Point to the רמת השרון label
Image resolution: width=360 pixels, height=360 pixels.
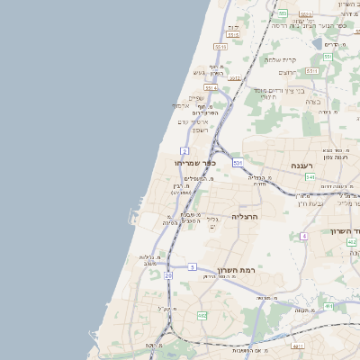pos(238,269)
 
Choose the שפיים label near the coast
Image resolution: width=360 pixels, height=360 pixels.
pos(196,98)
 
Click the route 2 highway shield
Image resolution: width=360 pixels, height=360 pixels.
pos(184,149)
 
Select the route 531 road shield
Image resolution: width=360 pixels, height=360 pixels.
pos(237,163)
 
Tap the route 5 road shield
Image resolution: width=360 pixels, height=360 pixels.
pos(192,267)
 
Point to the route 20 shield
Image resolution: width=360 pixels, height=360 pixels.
pos(168,276)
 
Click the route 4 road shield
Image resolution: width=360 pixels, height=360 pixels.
pos(304,236)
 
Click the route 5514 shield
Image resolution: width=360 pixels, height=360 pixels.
pos(211,87)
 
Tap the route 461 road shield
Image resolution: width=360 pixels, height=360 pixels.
pos(329,307)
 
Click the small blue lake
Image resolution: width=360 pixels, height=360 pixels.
pos(316,42)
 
